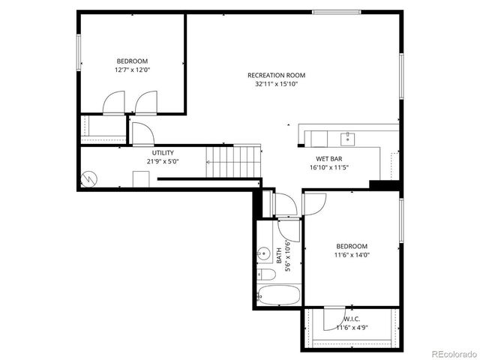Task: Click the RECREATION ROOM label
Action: (276, 74)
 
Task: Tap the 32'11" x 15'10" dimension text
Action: (276, 84)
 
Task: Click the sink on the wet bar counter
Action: (347, 138)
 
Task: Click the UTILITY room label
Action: (163, 152)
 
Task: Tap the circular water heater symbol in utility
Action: (89, 180)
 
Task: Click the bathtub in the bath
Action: (279, 294)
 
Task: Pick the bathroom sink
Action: (264, 254)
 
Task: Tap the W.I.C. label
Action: (352, 318)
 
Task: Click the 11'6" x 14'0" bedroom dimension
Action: (352, 255)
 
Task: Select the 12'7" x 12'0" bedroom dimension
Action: (132, 70)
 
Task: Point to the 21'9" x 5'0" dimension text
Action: (163, 161)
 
